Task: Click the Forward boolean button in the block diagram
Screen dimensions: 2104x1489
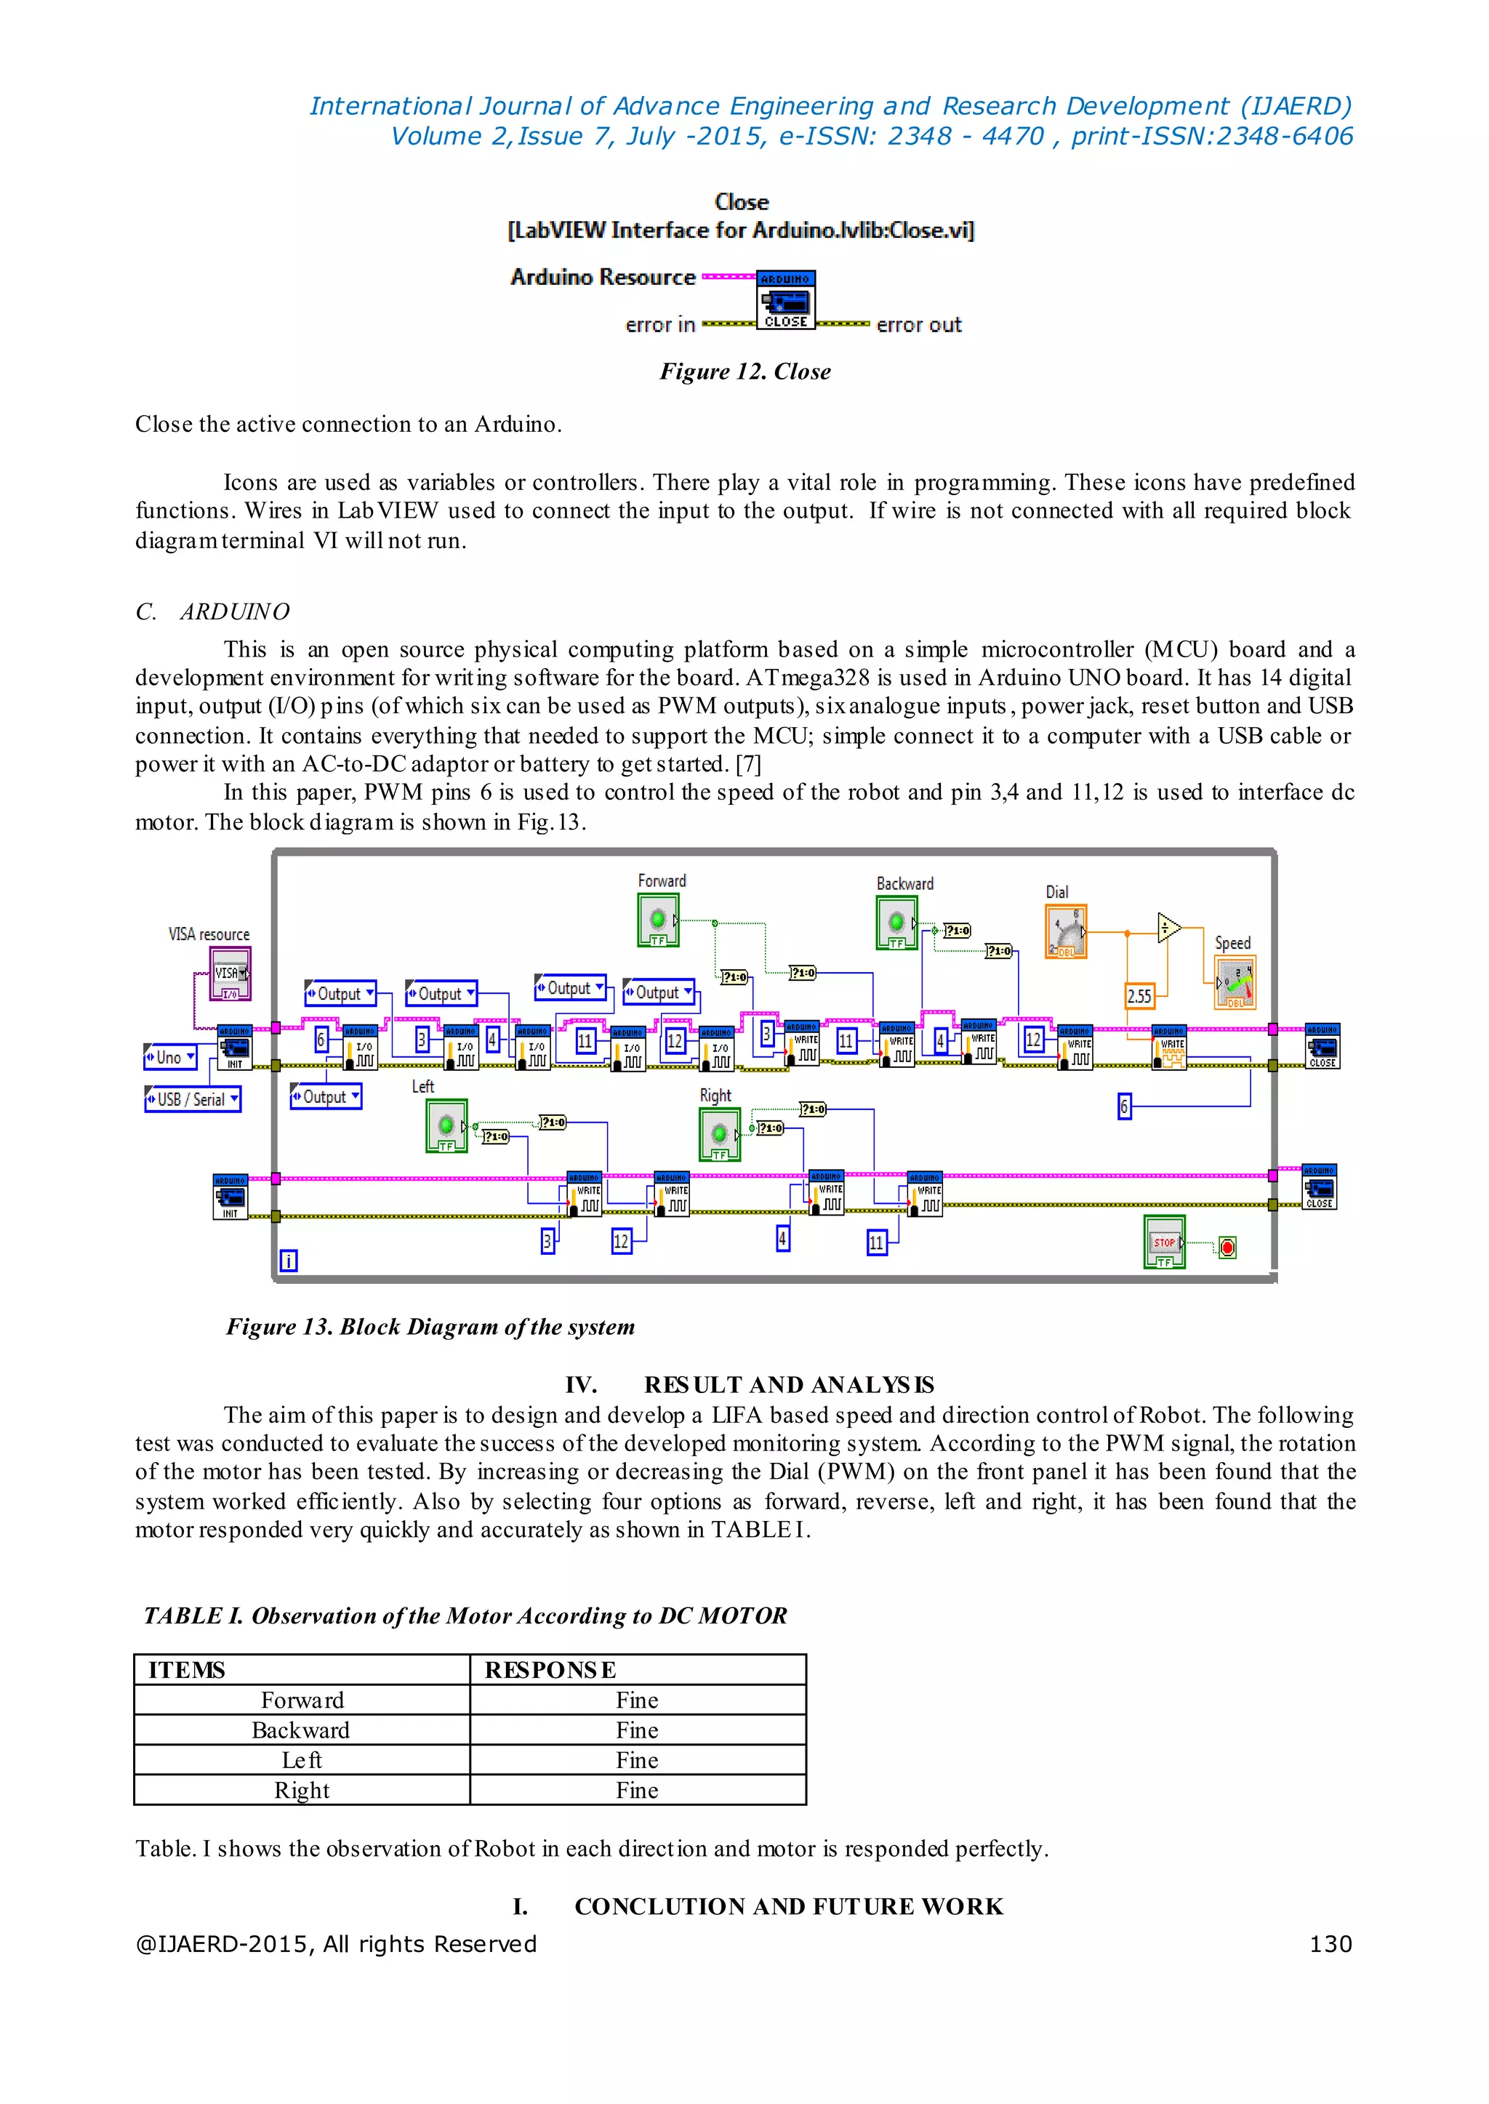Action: [657, 920]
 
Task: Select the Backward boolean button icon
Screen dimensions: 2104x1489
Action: [896, 923]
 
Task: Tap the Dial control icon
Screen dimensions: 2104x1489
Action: [1065, 931]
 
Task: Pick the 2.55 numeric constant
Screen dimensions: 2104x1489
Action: [1139, 995]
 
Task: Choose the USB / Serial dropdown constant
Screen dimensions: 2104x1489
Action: [193, 1099]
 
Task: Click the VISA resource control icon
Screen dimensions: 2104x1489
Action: [229, 973]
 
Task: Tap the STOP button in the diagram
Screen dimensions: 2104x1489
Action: [1163, 1242]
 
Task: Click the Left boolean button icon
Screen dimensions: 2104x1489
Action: [446, 1126]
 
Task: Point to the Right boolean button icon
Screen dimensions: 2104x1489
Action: [720, 1134]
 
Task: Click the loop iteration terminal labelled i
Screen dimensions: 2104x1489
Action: [288, 1261]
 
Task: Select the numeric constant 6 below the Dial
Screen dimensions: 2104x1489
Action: [1124, 1107]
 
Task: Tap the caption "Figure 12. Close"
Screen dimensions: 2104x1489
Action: [744, 372]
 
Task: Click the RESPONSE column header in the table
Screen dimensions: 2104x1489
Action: [550, 1669]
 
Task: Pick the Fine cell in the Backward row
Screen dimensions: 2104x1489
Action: [637, 1730]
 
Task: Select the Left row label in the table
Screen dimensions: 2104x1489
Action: [302, 1760]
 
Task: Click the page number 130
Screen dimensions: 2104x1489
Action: [1331, 1943]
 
